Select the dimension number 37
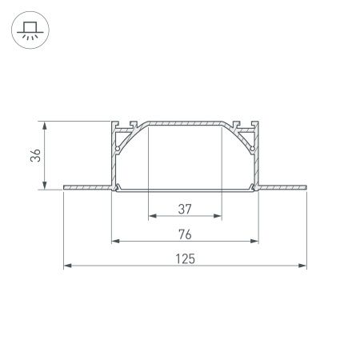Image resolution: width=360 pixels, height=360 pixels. pyautogui.click(x=185, y=210)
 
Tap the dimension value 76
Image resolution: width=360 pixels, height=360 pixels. pyautogui.click(x=185, y=234)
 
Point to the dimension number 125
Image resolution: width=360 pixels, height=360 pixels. pyautogui.click(x=185, y=258)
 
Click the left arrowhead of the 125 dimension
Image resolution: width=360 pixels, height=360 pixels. pyautogui.click(x=67, y=266)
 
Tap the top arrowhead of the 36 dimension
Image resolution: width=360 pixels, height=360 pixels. pyautogui.click(x=44, y=126)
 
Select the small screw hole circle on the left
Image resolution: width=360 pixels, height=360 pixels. pyautogui.click(x=118, y=149)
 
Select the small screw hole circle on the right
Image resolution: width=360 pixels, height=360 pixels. pyautogui.click(x=252, y=149)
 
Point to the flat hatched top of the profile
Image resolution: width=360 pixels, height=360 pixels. pyautogui.click(x=185, y=125)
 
